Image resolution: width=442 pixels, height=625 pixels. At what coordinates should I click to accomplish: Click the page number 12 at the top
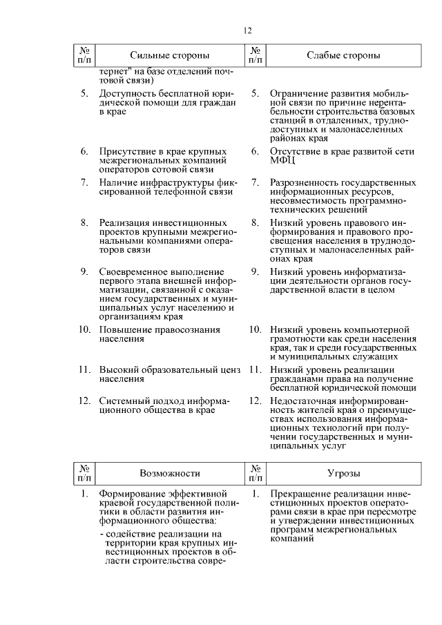click(x=249, y=30)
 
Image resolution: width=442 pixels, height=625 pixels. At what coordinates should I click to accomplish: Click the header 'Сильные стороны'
click(x=170, y=55)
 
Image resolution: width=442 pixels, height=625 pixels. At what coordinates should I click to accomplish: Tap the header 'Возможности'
click(x=170, y=473)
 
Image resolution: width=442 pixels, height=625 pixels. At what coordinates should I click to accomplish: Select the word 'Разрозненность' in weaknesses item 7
click(x=303, y=183)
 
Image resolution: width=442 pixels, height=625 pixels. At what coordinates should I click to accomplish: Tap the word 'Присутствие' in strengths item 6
click(x=126, y=151)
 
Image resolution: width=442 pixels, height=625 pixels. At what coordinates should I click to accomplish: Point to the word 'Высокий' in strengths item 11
click(x=116, y=369)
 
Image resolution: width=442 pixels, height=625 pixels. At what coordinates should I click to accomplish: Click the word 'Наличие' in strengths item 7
click(x=116, y=183)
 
